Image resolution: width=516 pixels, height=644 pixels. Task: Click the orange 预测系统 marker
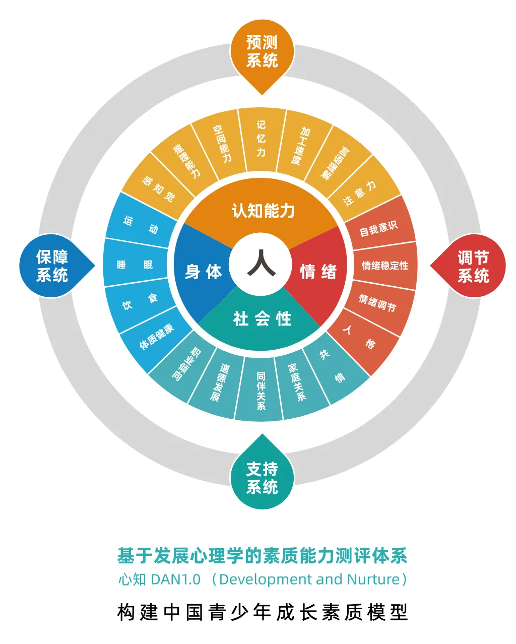pos(262,52)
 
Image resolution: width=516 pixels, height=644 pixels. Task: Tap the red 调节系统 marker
pos(473,266)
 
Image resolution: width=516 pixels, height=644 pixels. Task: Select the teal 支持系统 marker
pos(262,478)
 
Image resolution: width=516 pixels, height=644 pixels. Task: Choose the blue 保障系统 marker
pos(52,266)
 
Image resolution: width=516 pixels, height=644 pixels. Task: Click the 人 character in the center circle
pos(262,264)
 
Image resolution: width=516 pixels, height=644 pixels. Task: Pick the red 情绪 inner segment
pos(318,272)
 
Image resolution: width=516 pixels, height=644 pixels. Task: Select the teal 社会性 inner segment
pos(262,318)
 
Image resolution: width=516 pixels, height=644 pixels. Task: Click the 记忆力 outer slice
pos(261,139)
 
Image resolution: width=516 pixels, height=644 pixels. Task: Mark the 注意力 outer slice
pos(360,193)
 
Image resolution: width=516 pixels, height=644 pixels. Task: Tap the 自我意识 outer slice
pos(378,228)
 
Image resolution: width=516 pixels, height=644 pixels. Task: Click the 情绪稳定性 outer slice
pos(385,265)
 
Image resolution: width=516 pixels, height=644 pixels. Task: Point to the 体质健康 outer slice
pos(157,337)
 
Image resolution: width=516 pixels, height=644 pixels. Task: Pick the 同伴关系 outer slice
pos(261,391)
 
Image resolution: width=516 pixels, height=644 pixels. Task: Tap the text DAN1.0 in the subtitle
pos(175,579)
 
